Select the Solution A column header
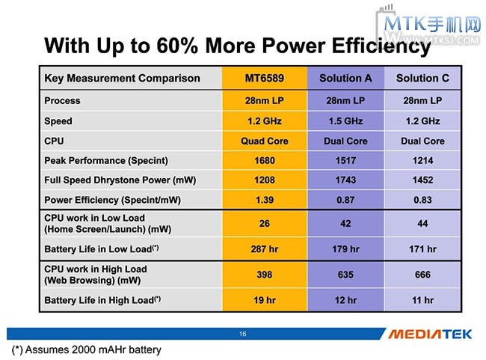pos(345,79)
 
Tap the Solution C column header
pos(422,79)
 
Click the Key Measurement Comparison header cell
pos(123,79)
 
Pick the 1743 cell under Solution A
pos(345,180)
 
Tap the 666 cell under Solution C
pos(422,275)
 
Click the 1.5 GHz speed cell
pos(345,120)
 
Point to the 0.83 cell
pos(422,201)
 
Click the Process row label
pos(63,100)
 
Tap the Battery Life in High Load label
pos(102,300)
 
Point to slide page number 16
pos(242,334)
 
